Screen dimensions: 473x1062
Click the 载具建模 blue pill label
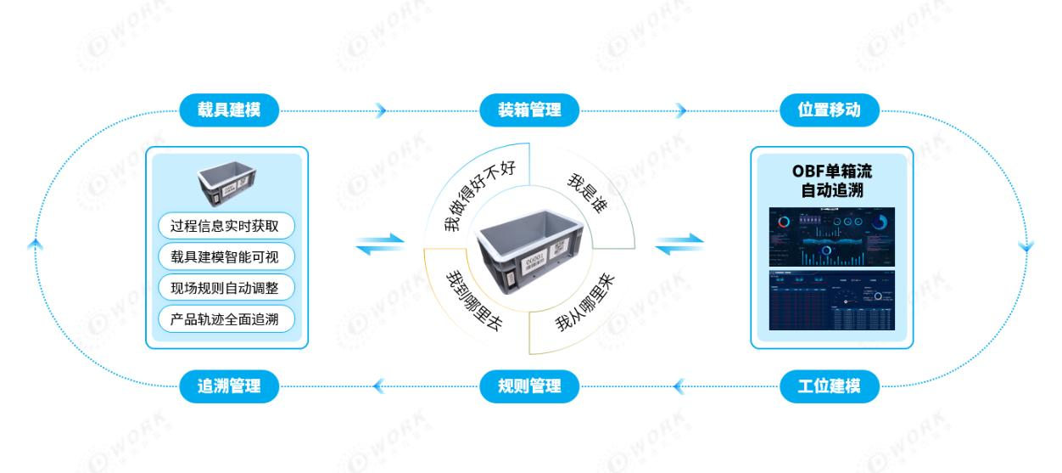click(x=228, y=110)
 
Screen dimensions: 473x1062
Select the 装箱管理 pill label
click(x=530, y=110)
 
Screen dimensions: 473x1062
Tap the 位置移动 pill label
click(x=830, y=110)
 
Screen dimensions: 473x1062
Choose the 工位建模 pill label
click(x=830, y=387)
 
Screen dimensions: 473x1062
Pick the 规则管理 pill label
click(x=531, y=387)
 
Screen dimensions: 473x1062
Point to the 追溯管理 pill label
click(x=228, y=387)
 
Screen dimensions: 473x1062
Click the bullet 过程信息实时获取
click(x=226, y=226)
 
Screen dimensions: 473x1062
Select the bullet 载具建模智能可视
click(x=226, y=257)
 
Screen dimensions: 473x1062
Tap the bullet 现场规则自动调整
click(x=226, y=288)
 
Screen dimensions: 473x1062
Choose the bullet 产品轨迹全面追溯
click(x=226, y=319)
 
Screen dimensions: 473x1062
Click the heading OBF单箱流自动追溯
click(x=831, y=181)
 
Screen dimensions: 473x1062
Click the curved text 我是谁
click(x=586, y=194)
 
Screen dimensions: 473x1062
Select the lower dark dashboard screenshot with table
click(x=831, y=301)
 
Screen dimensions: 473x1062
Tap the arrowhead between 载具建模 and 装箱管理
click(x=381, y=110)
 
